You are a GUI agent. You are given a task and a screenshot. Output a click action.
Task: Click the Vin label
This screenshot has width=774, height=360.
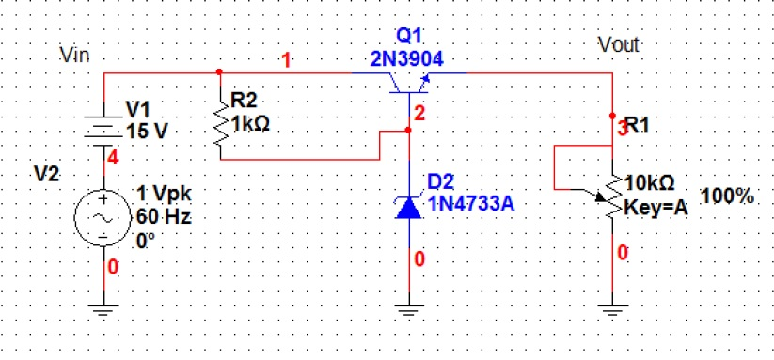[73, 55]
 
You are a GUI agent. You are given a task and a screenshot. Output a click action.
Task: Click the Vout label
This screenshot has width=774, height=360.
[620, 44]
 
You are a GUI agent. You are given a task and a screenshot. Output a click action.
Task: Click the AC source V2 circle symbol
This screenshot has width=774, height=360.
[101, 215]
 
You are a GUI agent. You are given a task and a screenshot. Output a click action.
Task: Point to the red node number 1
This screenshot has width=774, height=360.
[287, 62]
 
